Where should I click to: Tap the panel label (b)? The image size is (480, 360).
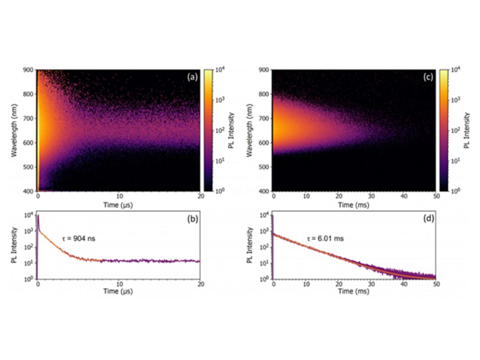(192, 218)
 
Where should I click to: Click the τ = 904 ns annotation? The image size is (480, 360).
(79, 239)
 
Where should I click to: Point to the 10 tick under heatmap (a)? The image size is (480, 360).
(119, 196)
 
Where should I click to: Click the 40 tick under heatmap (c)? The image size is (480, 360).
(404, 196)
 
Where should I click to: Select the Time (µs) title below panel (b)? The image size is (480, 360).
(119, 292)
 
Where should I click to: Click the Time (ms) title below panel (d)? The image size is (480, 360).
(354, 292)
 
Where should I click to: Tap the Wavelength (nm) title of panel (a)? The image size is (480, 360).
(15, 130)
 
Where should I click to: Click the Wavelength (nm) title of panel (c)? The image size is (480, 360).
(251, 130)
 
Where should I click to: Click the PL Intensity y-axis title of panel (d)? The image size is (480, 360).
(251, 246)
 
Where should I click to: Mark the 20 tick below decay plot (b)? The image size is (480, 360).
(200, 284)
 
